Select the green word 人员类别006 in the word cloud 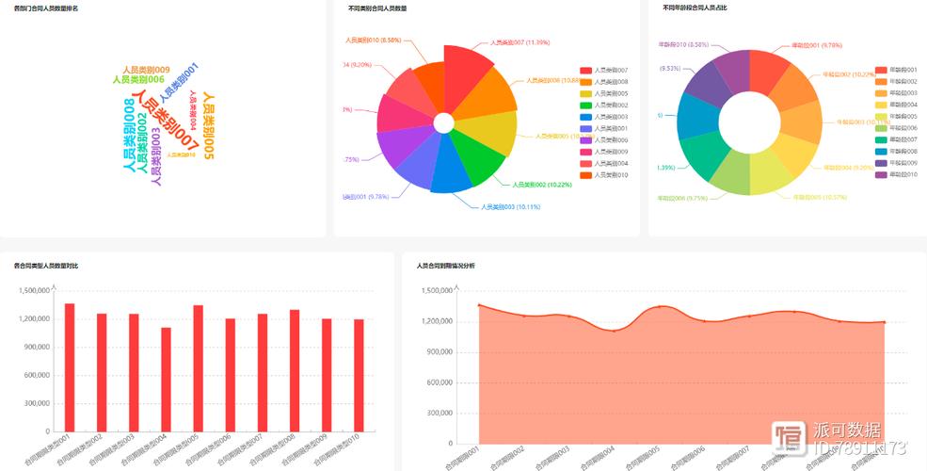click(138, 80)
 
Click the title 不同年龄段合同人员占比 click(695, 8)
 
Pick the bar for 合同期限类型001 click(70, 366)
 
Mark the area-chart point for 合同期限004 click(614, 331)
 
